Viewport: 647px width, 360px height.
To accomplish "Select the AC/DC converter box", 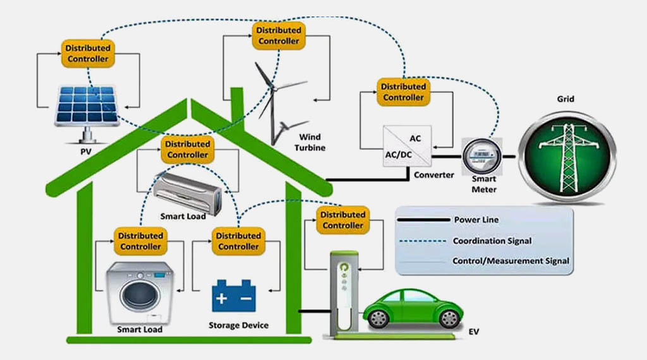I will click(x=407, y=147).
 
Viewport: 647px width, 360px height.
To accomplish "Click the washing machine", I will click(x=140, y=292).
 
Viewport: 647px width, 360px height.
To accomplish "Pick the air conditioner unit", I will click(x=188, y=190).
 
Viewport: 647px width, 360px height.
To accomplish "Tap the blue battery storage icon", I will click(x=234, y=296).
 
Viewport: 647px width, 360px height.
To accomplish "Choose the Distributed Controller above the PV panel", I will click(x=88, y=54).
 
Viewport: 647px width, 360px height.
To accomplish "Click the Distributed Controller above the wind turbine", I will click(x=278, y=35).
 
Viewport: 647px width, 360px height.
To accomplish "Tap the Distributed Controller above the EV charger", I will click(x=343, y=220).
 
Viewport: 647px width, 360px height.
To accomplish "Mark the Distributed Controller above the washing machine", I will click(x=140, y=241).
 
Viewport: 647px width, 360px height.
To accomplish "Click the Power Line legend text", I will click(x=476, y=220).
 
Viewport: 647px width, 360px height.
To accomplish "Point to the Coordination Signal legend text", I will click(x=492, y=241).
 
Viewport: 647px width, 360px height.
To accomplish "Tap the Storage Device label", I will click(x=238, y=325).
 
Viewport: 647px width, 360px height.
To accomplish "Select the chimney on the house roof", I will click(x=237, y=104).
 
